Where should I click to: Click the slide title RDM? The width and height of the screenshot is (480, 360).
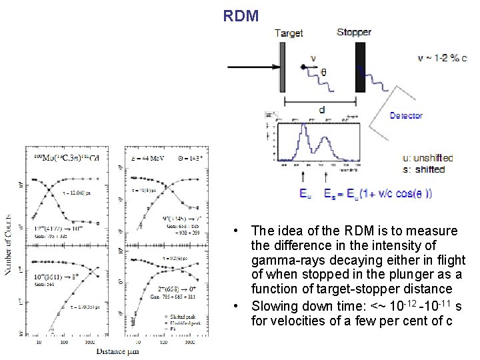(241, 15)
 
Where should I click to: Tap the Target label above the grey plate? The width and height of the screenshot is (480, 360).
(288, 33)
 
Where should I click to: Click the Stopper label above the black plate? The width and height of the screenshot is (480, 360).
(354, 32)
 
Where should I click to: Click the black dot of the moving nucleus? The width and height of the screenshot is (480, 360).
(303, 67)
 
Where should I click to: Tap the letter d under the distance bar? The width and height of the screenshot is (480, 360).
(323, 109)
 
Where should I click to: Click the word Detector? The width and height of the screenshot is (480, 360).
(406, 116)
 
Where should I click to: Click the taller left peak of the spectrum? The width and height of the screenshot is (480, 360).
(304, 133)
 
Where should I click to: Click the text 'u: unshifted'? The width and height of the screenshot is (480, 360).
(428, 158)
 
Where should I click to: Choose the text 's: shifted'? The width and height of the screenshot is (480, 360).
(424, 169)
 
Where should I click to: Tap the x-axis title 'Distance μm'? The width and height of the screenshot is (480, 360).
(117, 351)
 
